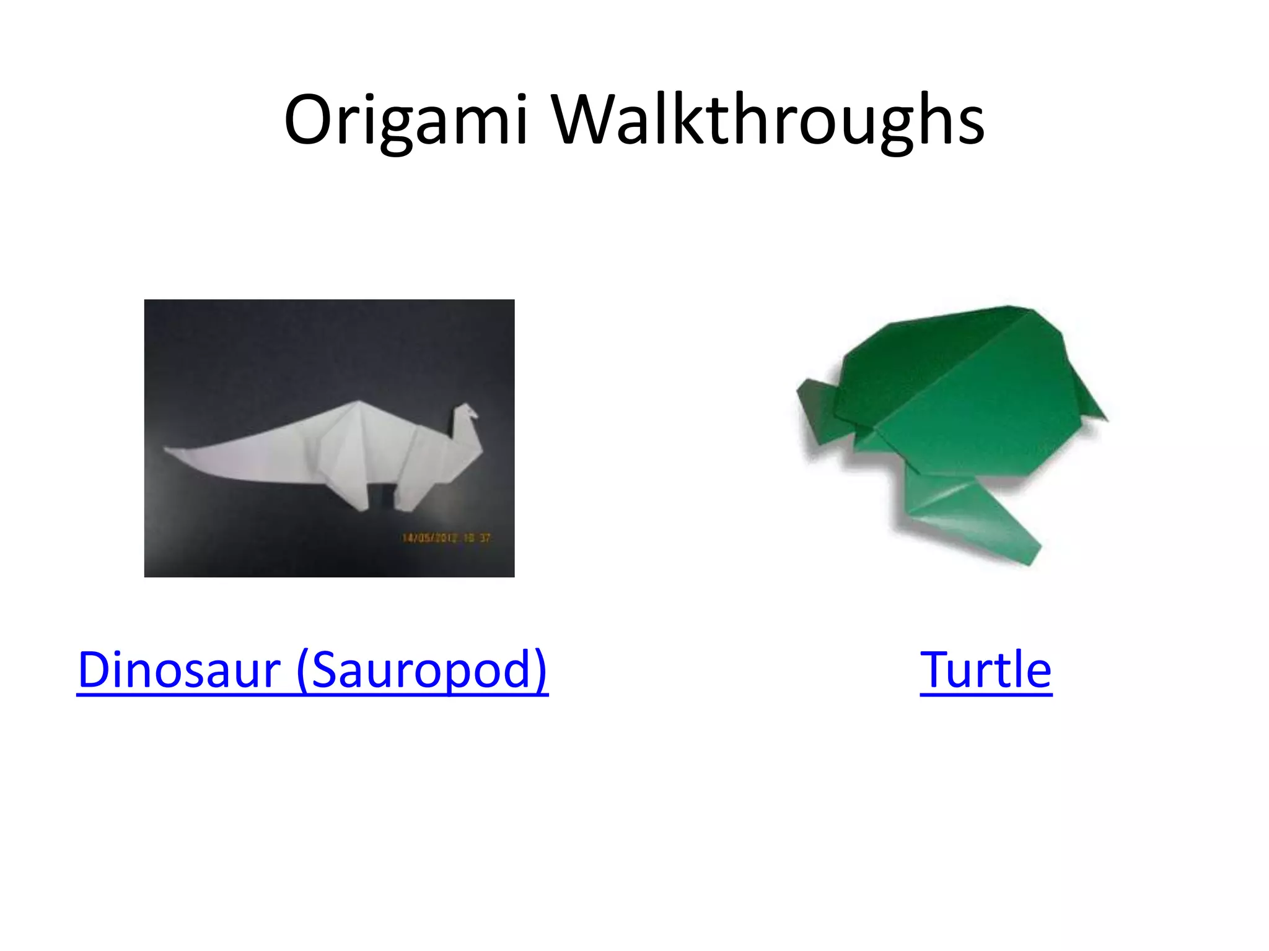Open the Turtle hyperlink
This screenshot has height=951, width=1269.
point(985,670)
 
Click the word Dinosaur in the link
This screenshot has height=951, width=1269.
point(180,670)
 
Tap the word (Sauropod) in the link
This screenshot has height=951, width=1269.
point(422,670)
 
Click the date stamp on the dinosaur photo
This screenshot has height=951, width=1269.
point(446,537)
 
